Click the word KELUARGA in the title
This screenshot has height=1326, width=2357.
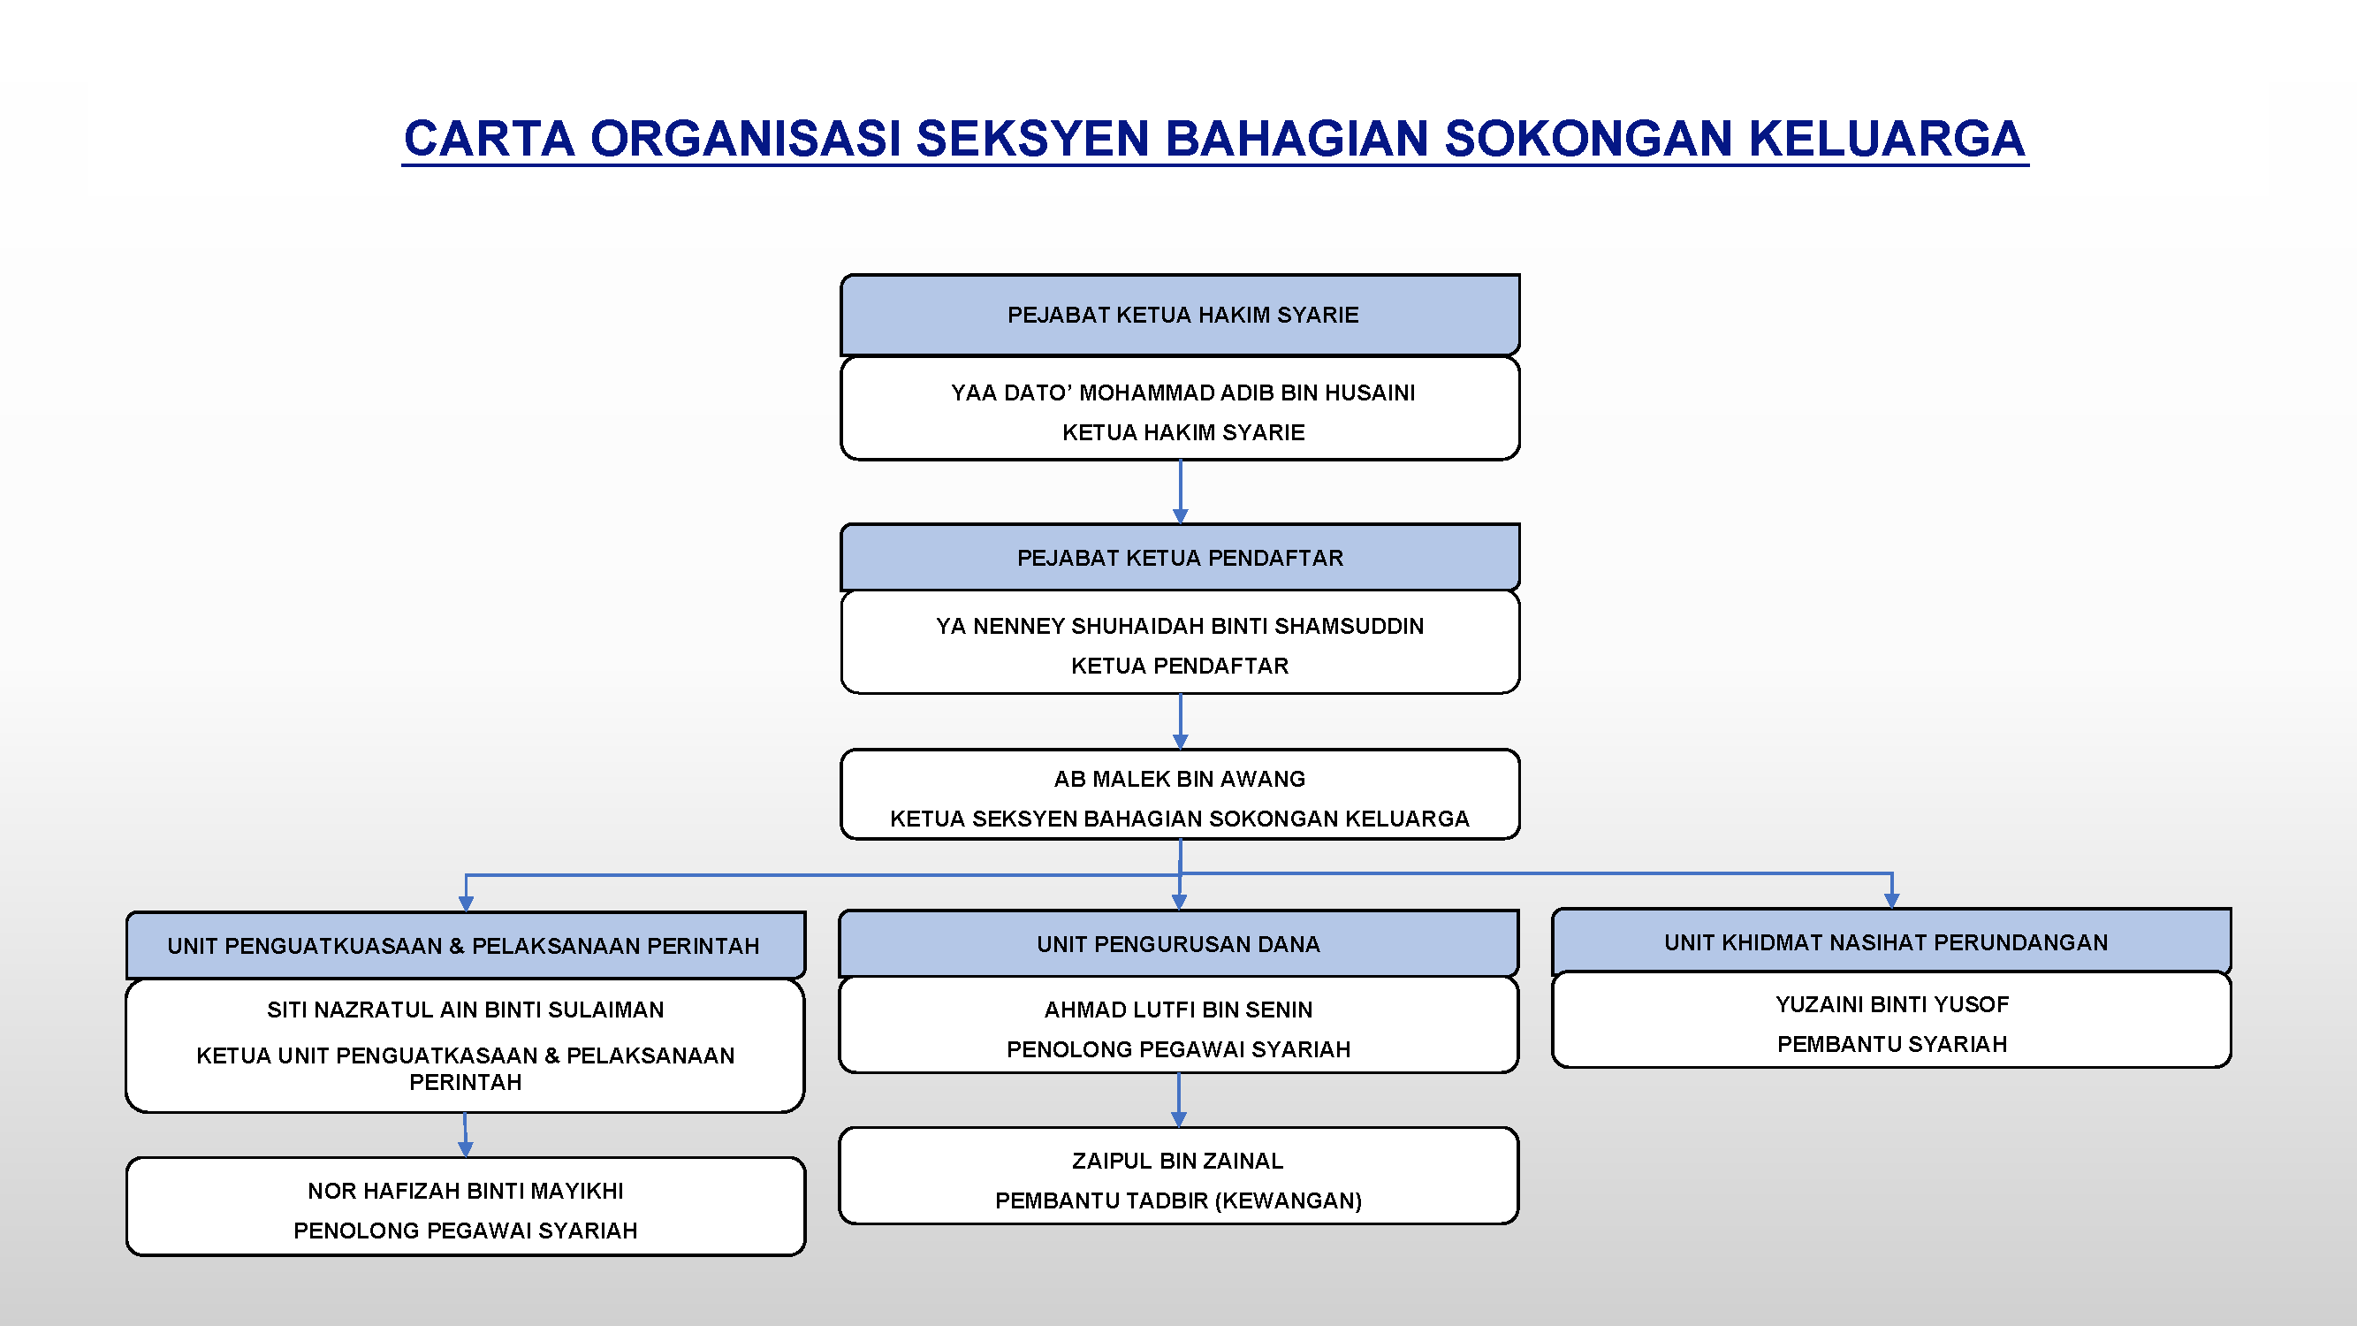[1887, 138]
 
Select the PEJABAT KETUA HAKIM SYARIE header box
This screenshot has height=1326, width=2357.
[1181, 315]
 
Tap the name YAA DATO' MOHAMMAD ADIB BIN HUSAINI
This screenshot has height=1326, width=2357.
[1182, 392]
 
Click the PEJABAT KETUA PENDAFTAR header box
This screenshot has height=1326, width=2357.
[1181, 557]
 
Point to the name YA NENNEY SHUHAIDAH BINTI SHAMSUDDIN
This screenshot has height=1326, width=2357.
[1180, 626]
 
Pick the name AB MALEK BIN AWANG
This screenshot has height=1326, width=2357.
[1180, 779]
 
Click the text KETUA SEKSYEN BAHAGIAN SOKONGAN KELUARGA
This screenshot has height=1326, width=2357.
[1180, 818]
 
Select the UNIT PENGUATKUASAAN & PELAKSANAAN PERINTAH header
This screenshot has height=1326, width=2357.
[466, 945]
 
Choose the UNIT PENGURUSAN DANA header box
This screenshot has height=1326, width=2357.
[1179, 943]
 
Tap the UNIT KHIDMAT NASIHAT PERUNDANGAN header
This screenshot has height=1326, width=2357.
[1891, 941]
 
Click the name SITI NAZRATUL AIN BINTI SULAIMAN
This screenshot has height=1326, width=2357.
[466, 1010]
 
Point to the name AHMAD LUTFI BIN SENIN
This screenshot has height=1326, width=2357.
[1179, 1010]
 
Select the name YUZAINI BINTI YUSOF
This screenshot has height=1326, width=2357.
[1892, 1005]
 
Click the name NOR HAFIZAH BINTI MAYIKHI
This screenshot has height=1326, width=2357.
[466, 1191]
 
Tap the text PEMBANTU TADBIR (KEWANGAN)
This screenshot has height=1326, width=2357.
[1179, 1200]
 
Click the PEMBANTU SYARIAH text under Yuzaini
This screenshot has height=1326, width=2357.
[1892, 1044]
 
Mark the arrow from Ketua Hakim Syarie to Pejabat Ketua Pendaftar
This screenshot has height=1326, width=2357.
[1181, 492]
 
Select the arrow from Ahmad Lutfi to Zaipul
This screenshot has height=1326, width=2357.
[1179, 1100]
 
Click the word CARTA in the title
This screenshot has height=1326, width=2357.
[490, 138]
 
